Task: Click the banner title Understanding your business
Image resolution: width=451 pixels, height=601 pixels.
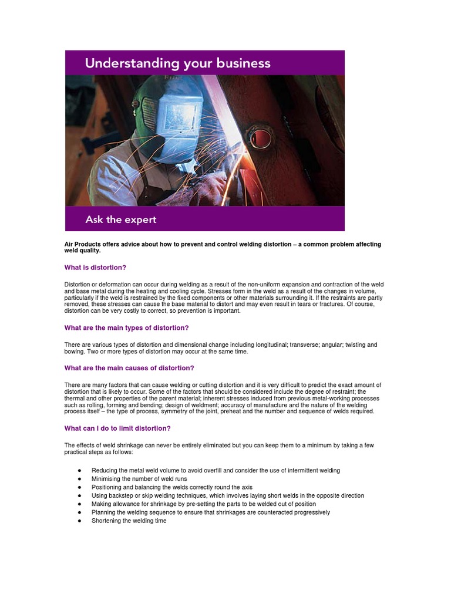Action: tap(177, 63)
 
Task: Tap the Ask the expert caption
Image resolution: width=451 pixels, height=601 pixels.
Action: tap(120, 220)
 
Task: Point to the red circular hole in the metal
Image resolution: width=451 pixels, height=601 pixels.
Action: tap(260, 137)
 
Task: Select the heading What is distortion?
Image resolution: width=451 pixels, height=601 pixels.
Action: tap(95, 268)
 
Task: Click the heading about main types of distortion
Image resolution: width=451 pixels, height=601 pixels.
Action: tap(126, 328)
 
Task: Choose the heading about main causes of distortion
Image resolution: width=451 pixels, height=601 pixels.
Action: tap(129, 368)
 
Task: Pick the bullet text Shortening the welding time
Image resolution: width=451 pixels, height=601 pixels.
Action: tap(129, 521)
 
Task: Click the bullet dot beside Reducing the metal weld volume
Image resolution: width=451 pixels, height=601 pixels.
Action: tap(79, 471)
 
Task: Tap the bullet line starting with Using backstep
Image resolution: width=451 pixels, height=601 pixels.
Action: tap(227, 495)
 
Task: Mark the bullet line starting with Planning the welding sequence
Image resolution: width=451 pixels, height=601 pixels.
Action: tap(210, 512)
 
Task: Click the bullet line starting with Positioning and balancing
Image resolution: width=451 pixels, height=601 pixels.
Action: tap(171, 487)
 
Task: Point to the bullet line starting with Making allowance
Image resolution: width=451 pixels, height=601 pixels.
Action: tap(203, 504)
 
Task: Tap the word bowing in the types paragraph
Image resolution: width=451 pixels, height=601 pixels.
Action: tap(74, 352)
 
